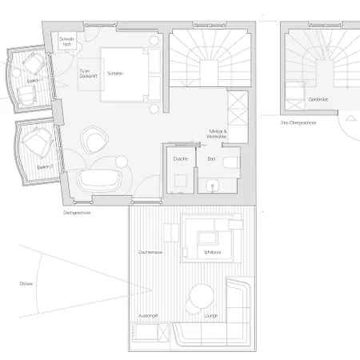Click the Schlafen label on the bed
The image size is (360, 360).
tap(114, 73)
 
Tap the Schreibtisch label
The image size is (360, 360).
tap(67, 42)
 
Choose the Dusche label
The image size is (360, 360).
tap(180, 159)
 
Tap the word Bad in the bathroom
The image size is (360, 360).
tap(211, 159)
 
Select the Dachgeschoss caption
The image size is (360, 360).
tap(74, 214)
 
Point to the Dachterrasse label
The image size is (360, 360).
tap(151, 253)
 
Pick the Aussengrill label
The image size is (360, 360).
tap(149, 316)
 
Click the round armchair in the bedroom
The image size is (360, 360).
tap(95, 140)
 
